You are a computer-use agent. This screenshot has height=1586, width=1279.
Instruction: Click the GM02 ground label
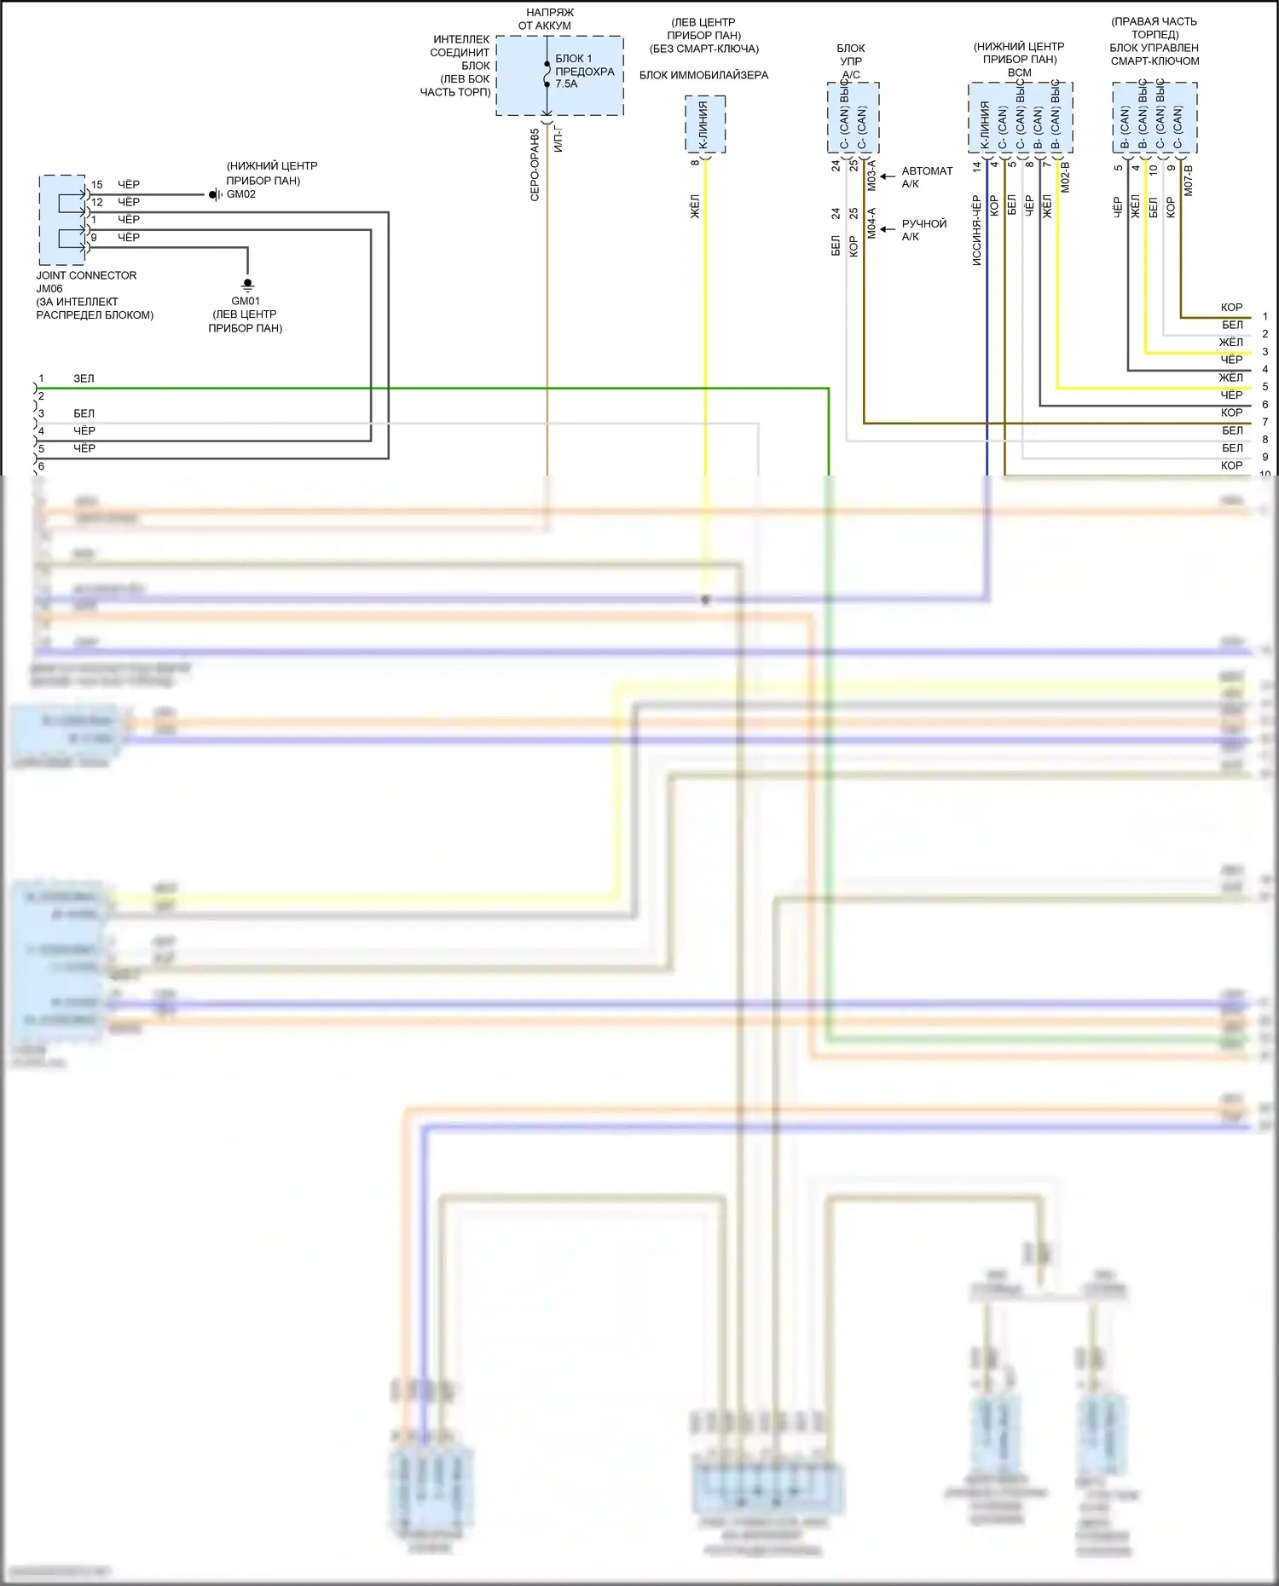click(x=241, y=194)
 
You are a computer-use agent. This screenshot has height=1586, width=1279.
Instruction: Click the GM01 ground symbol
click(x=247, y=284)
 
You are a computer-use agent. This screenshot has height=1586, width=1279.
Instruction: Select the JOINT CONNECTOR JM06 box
click(x=61, y=220)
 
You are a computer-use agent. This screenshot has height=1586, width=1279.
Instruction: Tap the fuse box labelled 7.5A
click(x=559, y=75)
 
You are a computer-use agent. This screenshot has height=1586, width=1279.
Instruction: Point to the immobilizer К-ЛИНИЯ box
click(x=705, y=124)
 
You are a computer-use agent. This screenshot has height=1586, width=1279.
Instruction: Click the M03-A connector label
click(x=871, y=175)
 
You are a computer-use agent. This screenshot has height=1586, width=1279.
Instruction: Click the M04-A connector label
click(x=871, y=222)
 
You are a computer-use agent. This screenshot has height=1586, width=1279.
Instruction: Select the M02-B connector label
click(x=1065, y=176)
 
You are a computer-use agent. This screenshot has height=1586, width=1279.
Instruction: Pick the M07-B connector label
click(x=1189, y=180)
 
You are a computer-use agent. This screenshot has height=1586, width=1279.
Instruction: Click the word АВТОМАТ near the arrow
click(x=927, y=171)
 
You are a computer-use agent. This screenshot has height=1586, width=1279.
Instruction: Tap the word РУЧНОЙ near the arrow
click(x=924, y=224)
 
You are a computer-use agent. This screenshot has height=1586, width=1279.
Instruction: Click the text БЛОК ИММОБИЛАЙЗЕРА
click(x=703, y=75)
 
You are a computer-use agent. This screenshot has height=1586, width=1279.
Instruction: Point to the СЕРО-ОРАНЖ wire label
click(x=535, y=165)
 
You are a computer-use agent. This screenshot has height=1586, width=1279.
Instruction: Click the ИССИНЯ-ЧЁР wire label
click(x=977, y=230)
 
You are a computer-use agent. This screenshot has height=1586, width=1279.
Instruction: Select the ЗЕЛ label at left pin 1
click(x=84, y=378)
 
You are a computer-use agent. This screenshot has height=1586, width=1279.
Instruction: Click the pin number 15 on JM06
click(x=97, y=185)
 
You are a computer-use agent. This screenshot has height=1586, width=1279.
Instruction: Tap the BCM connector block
click(x=1020, y=118)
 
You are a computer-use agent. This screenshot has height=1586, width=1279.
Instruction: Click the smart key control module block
click(x=1155, y=118)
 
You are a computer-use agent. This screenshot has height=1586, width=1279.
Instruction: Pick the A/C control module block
click(x=853, y=118)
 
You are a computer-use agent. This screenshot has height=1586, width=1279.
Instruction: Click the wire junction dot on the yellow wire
click(x=705, y=600)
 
